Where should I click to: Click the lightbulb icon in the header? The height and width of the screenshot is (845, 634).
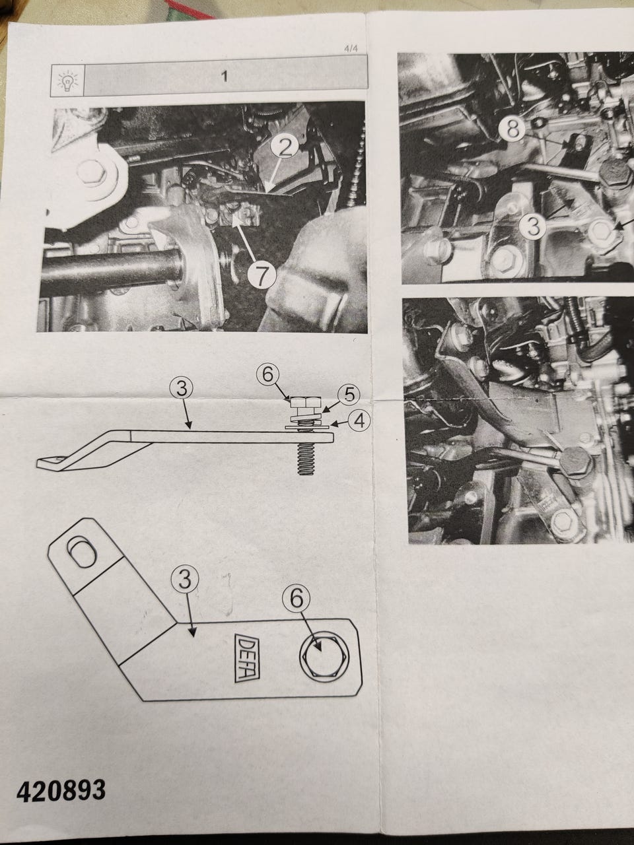67,81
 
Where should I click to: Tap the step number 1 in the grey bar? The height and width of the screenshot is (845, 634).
225,76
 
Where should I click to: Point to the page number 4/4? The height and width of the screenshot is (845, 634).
351,49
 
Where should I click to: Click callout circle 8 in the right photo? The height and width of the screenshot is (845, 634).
514,129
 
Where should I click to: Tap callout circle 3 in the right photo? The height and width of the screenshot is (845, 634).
533,226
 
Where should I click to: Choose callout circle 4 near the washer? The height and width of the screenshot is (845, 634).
359,422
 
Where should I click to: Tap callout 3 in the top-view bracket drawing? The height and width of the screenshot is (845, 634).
185,580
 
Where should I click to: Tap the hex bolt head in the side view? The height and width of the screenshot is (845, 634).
306,403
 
